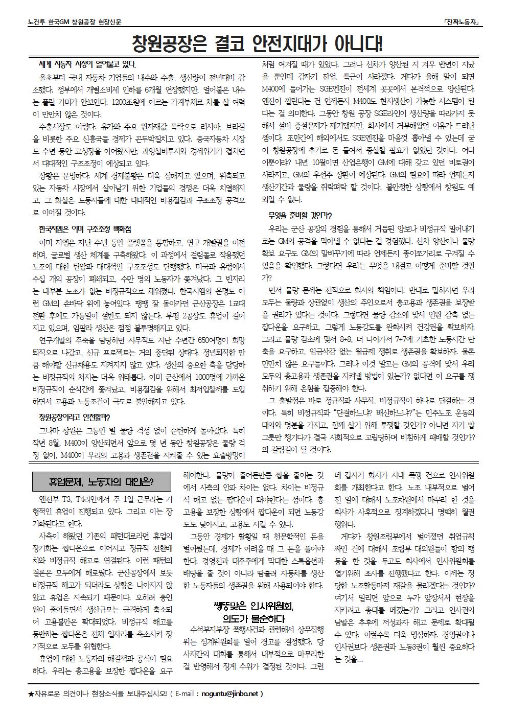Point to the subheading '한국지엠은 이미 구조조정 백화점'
point(85,228)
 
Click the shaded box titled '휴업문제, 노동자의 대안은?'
point(102,481)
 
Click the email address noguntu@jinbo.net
point(231,693)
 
